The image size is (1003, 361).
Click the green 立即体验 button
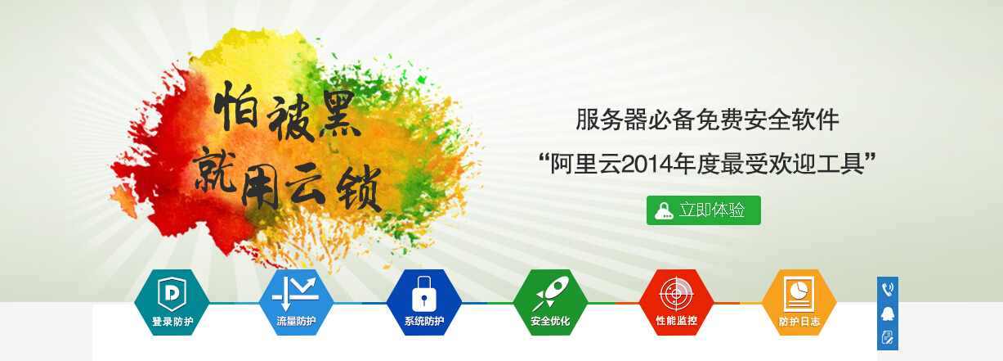(x=704, y=210)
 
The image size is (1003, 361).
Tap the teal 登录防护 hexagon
(x=172, y=302)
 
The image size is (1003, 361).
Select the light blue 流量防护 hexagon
(x=296, y=302)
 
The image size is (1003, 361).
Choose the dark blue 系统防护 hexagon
(x=423, y=302)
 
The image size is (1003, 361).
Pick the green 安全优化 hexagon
(x=550, y=302)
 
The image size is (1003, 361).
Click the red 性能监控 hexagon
(x=676, y=302)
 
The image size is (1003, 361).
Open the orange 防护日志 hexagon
(x=799, y=302)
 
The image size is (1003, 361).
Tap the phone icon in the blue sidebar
(x=888, y=289)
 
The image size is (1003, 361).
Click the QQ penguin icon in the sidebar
(x=888, y=314)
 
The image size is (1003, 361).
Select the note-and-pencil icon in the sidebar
(x=888, y=337)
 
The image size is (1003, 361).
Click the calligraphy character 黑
(x=338, y=115)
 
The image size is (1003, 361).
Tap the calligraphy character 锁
(x=359, y=188)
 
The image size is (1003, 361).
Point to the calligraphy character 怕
(x=235, y=106)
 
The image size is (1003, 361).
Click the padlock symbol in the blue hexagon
(x=423, y=294)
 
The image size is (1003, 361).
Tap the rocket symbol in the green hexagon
(x=550, y=293)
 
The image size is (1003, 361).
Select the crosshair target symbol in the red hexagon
(x=676, y=294)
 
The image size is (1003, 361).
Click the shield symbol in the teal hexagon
(x=172, y=294)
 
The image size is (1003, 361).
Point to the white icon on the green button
(x=664, y=210)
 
